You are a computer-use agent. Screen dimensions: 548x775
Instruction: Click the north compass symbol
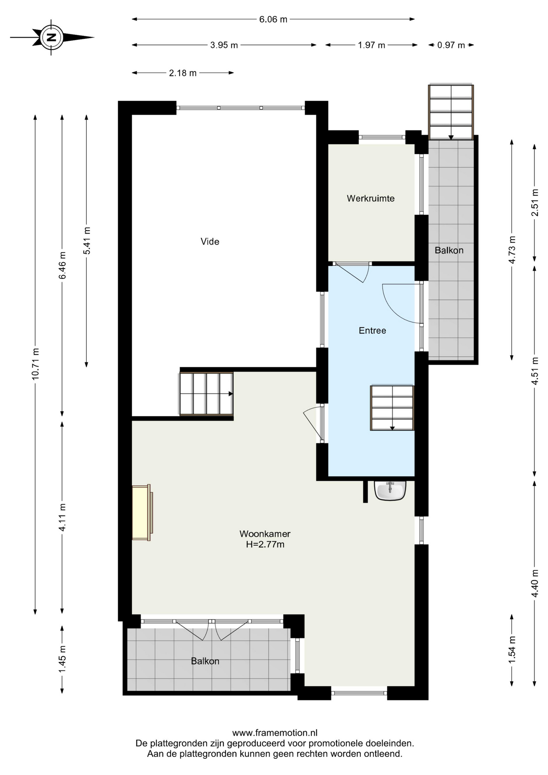coord(51,37)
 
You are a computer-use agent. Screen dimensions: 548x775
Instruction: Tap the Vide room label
coord(210,241)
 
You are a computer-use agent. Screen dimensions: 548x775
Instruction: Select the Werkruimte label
coord(370,198)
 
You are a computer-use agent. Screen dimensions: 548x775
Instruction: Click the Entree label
coord(372,331)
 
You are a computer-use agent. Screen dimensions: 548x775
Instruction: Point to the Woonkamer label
coord(265,534)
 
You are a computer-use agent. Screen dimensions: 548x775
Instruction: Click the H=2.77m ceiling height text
coord(265,544)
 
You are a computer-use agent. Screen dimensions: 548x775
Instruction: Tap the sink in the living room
coord(390,490)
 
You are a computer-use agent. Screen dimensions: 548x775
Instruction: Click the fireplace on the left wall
coord(142,512)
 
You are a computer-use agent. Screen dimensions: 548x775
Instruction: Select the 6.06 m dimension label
coord(273,19)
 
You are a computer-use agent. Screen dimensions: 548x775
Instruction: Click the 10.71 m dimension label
coord(36,363)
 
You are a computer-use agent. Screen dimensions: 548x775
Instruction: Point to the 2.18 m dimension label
coord(183,73)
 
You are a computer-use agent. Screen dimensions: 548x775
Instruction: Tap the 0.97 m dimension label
coord(451,45)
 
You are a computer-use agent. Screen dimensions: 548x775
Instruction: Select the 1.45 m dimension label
coord(62,659)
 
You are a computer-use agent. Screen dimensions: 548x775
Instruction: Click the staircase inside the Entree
coord(392,408)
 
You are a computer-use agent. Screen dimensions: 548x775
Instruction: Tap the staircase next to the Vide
coord(207,394)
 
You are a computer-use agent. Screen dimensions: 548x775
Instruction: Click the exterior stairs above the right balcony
coord(451,112)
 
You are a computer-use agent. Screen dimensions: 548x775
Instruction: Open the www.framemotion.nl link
coord(275,733)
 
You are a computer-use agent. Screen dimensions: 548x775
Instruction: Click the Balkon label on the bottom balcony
coord(205,661)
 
